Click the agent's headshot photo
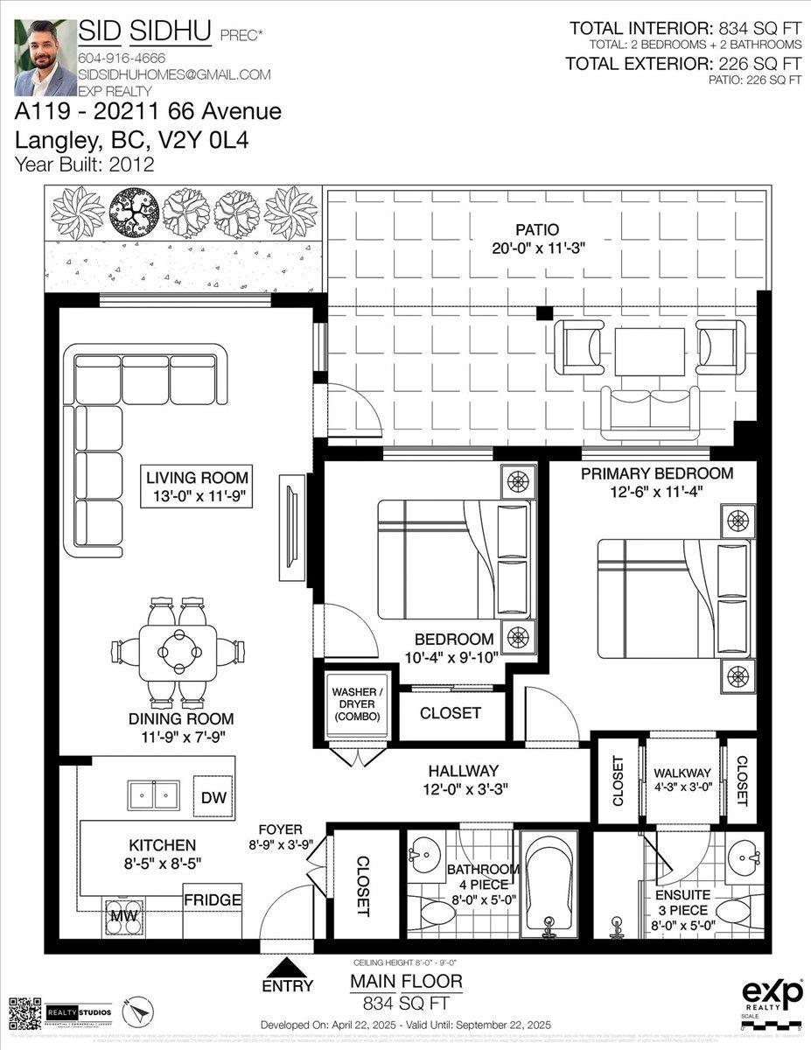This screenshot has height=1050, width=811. pos(45,58)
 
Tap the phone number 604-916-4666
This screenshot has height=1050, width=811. pos(122,58)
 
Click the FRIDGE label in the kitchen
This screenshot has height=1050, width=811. pos(212,899)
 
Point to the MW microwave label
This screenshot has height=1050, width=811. pos(120,915)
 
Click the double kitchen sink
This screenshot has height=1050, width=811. pos(154,795)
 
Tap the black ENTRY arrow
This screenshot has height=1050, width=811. pos(286,967)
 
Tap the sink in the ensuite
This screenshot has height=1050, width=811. pos(745,853)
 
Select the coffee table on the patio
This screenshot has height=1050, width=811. pos(649,351)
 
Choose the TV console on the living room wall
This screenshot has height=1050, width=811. pos(292,528)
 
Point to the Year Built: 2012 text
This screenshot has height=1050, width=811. pos(85,164)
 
